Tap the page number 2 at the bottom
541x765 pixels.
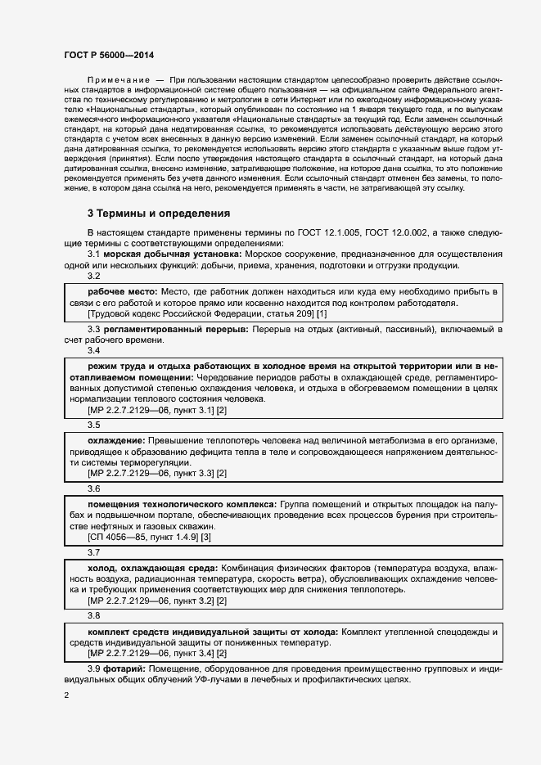[x=67, y=695]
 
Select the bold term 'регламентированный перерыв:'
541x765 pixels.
[x=176, y=329]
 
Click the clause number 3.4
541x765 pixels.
[x=94, y=351]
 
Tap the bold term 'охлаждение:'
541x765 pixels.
[x=117, y=440]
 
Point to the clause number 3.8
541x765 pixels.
[x=94, y=615]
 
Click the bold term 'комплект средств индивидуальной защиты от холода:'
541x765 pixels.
[x=213, y=632]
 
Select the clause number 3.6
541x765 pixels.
[x=94, y=488]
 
